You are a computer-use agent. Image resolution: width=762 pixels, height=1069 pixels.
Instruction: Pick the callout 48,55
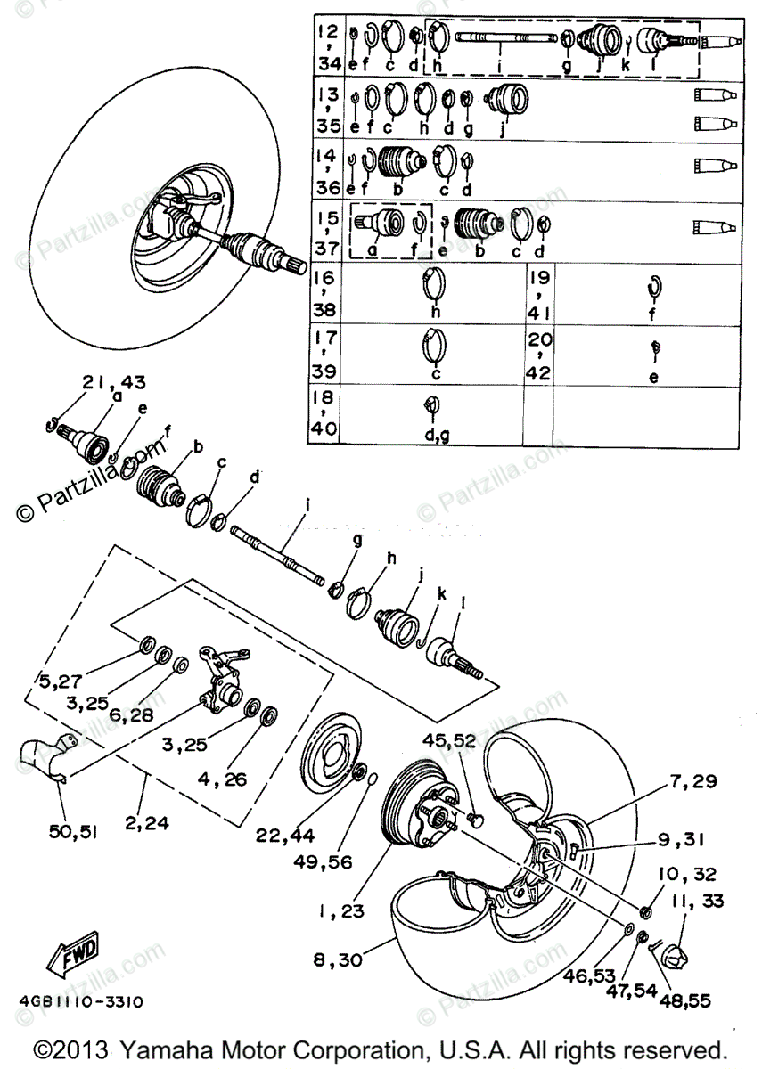(x=685, y=1000)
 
